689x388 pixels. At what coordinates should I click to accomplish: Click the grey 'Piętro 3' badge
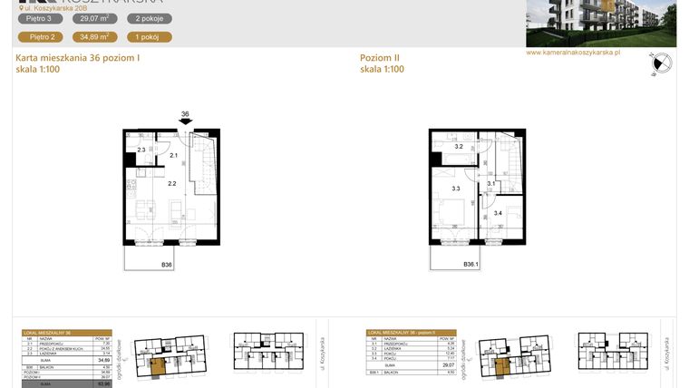[44, 18]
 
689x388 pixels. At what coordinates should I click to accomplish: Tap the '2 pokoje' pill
[148, 18]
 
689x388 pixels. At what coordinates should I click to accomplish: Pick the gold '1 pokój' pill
[148, 37]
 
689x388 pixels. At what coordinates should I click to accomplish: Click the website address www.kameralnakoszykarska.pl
[573, 53]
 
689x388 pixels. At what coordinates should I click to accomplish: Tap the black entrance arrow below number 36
[185, 125]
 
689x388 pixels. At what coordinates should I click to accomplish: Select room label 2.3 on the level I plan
[141, 150]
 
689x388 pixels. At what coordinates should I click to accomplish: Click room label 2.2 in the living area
[171, 183]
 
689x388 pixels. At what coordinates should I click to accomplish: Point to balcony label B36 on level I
[167, 265]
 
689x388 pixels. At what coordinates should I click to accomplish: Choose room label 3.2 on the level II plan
[459, 147]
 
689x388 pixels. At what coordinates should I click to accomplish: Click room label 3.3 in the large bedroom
[455, 189]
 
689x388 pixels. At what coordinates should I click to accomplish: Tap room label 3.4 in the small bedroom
[498, 213]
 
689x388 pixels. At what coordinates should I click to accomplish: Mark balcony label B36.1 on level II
[471, 265]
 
